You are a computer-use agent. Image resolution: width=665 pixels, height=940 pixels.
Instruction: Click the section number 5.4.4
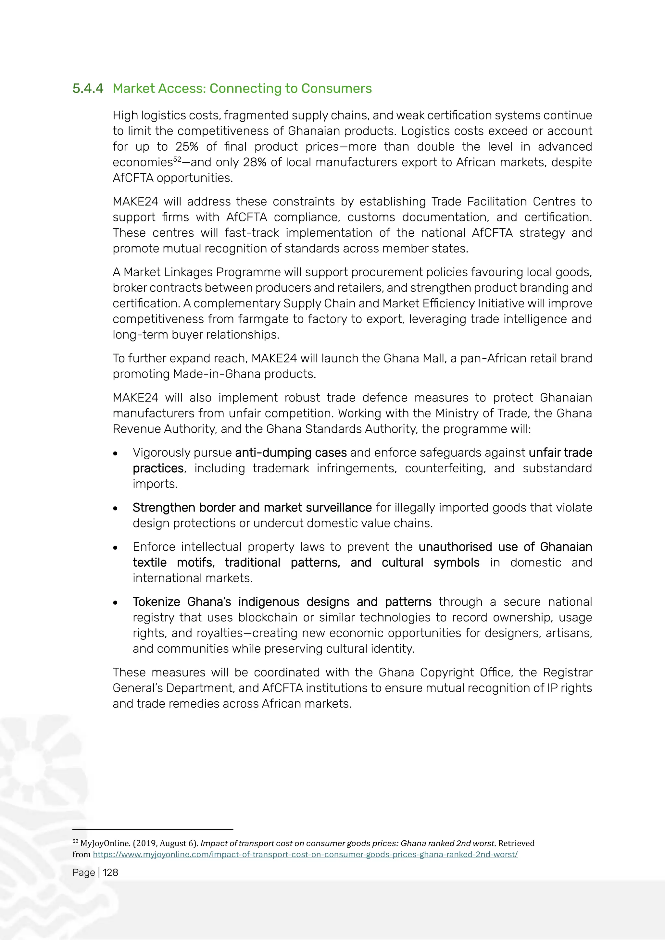coord(88,88)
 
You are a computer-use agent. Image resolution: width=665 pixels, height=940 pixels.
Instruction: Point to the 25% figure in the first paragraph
coord(187,147)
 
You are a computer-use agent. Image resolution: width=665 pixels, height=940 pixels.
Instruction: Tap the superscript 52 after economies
coord(177,159)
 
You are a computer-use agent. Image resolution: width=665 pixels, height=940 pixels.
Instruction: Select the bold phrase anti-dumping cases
coord(291,452)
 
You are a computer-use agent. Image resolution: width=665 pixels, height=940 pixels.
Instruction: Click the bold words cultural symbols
coord(430,563)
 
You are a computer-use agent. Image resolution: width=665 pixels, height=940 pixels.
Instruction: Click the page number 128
coord(110,872)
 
